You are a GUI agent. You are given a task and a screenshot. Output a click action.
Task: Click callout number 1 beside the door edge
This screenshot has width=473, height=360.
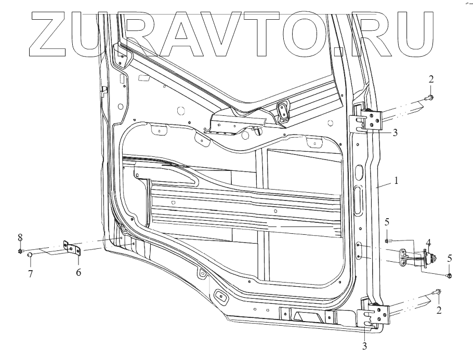click(396, 181)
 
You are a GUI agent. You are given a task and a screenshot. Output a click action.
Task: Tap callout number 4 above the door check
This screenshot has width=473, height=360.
click(428, 242)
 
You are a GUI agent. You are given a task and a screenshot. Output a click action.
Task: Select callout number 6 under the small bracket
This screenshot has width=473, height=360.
click(78, 271)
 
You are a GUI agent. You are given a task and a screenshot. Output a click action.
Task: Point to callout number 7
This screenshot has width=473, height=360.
click(31, 273)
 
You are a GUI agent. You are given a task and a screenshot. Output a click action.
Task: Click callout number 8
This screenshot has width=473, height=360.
click(20, 237)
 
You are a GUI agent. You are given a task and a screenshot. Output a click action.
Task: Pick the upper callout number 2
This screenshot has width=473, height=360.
click(431, 79)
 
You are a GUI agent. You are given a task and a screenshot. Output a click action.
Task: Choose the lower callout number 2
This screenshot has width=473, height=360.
click(440, 311)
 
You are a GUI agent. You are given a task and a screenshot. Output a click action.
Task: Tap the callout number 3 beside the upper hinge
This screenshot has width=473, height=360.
click(395, 132)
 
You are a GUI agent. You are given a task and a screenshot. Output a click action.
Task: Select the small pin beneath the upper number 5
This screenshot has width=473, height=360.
click(387, 241)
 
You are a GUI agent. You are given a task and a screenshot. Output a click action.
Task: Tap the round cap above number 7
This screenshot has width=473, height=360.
click(31, 255)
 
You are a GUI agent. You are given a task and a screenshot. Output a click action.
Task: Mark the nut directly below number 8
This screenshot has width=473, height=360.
click(20, 251)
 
